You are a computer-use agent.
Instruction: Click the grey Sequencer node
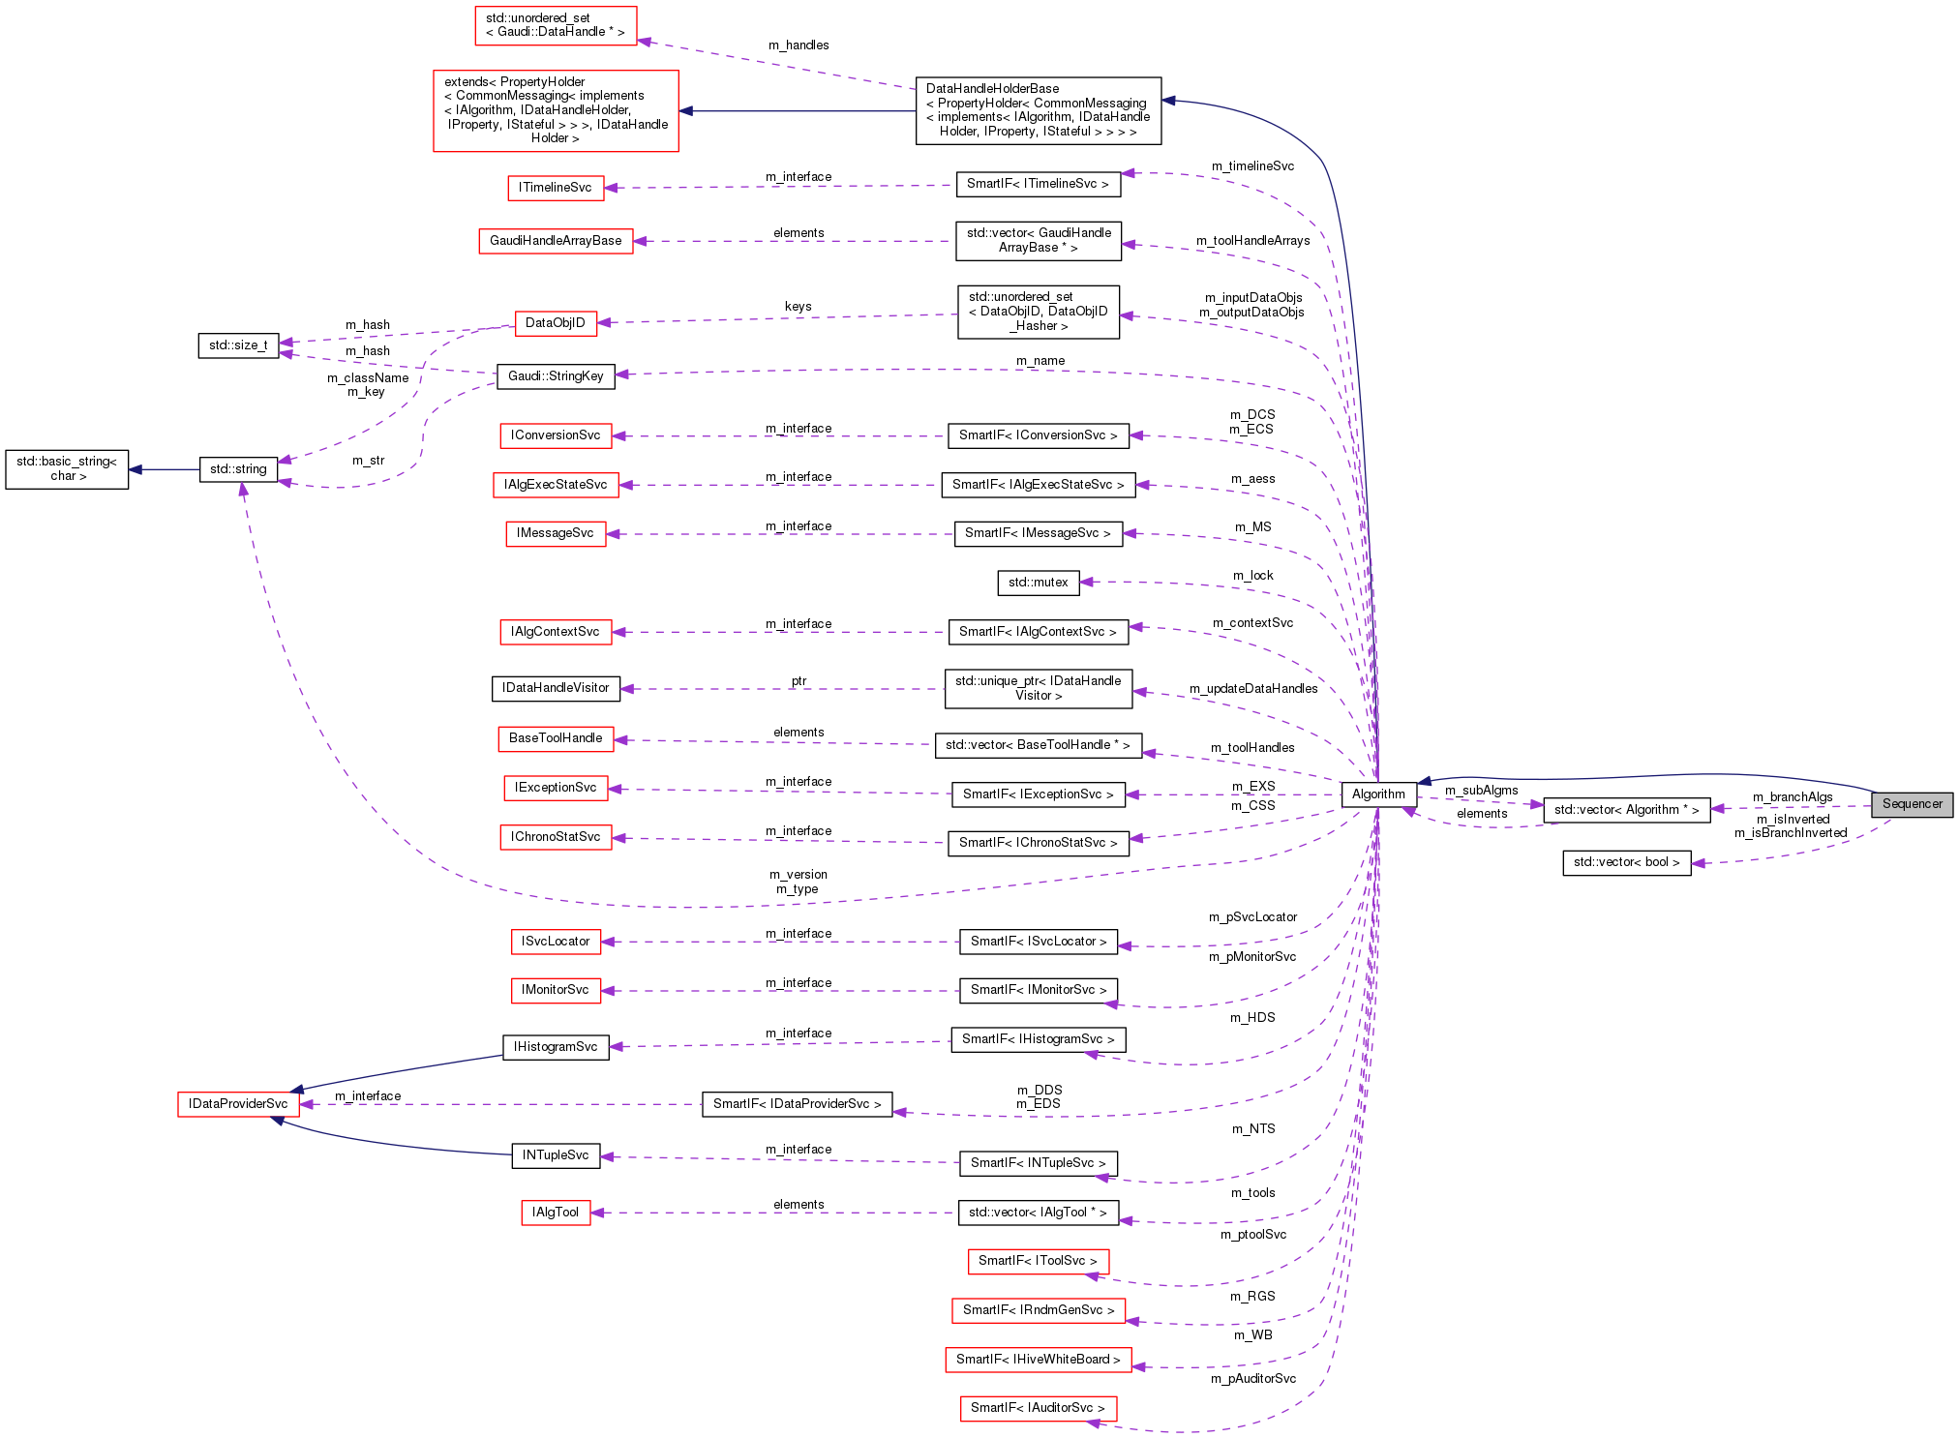(x=1912, y=804)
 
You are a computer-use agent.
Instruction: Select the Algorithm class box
(x=1378, y=794)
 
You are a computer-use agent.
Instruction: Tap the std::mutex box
(x=1038, y=583)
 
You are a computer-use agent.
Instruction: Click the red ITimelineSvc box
(x=556, y=188)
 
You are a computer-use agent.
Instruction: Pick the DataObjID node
(x=556, y=323)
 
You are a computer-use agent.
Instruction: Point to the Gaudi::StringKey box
(x=556, y=376)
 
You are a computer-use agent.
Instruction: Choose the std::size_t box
(x=238, y=345)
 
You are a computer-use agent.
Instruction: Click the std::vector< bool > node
(x=1626, y=862)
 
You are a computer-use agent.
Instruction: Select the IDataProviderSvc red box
(x=238, y=1104)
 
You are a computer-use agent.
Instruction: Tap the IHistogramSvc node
(x=556, y=1047)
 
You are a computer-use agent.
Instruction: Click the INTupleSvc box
(x=556, y=1155)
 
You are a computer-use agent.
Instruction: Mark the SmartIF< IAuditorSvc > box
(x=1038, y=1408)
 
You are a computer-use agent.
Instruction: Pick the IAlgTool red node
(x=556, y=1213)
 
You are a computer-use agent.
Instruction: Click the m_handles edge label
(x=799, y=45)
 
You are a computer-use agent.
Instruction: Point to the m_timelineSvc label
(x=1252, y=166)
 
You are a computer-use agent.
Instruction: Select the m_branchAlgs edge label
(x=1793, y=797)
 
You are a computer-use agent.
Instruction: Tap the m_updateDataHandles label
(x=1253, y=689)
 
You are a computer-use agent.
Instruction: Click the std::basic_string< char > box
(x=67, y=469)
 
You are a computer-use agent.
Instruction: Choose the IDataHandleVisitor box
(x=556, y=688)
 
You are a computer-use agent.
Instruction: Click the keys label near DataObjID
(x=799, y=307)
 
